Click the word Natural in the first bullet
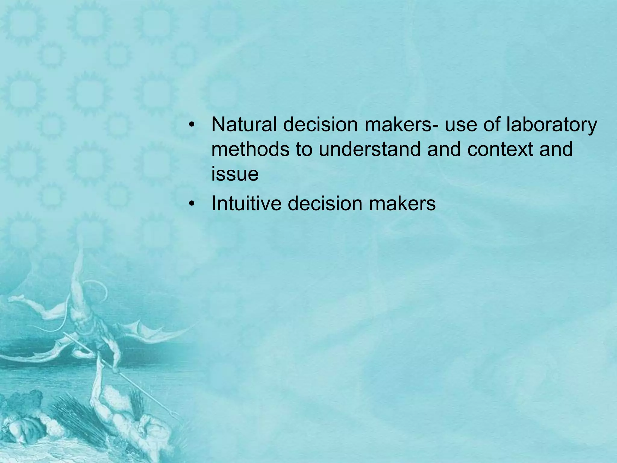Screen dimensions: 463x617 [244, 124]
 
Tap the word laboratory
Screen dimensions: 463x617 [551, 125]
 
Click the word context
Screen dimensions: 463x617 [500, 149]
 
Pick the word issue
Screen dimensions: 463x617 [235, 174]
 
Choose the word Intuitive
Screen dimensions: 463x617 [246, 203]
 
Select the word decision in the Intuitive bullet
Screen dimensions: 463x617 [324, 203]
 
